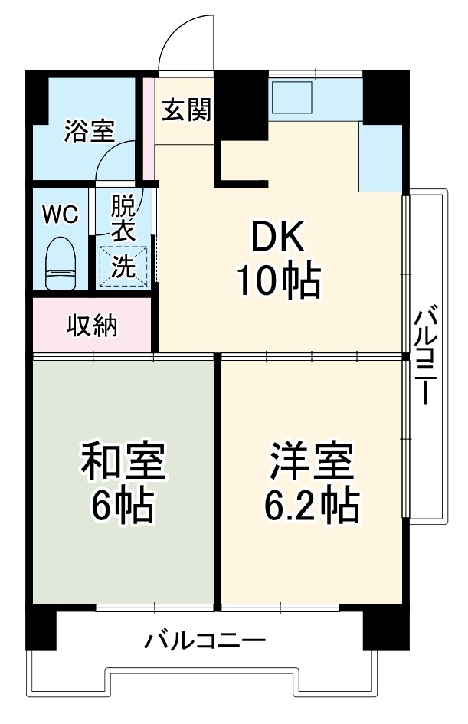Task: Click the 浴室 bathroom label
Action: [x=88, y=132]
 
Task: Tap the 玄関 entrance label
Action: [x=186, y=111]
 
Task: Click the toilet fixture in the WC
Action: [x=60, y=262]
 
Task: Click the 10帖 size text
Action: [x=277, y=282]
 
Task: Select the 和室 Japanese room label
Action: [x=122, y=462]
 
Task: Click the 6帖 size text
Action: [x=122, y=506]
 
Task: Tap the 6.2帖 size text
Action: [x=311, y=506]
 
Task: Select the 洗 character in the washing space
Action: [x=122, y=267]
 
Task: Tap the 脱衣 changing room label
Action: [x=123, y=218]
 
